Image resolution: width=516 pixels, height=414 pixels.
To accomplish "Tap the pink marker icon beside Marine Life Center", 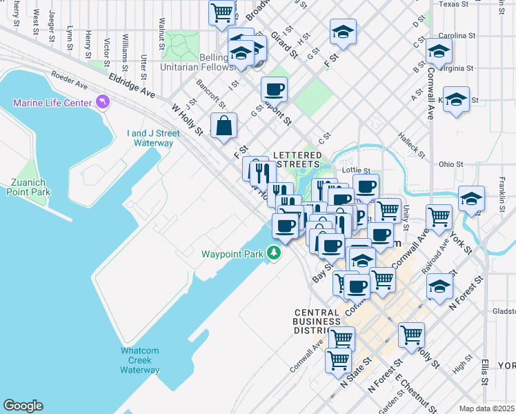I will (103, 103).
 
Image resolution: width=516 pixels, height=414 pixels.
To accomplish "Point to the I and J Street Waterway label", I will (150, 138).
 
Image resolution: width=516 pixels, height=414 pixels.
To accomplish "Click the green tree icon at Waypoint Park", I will (275, 253).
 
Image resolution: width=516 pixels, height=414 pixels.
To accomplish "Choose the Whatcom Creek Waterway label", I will (140, 360).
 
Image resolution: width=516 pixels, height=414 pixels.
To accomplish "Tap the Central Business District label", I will (316, 321).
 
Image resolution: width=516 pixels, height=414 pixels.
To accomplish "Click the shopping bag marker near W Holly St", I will (224, 126).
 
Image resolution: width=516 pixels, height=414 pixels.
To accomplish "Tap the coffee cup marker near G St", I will (274, 89).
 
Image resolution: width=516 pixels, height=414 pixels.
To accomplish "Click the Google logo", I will (23, 406).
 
